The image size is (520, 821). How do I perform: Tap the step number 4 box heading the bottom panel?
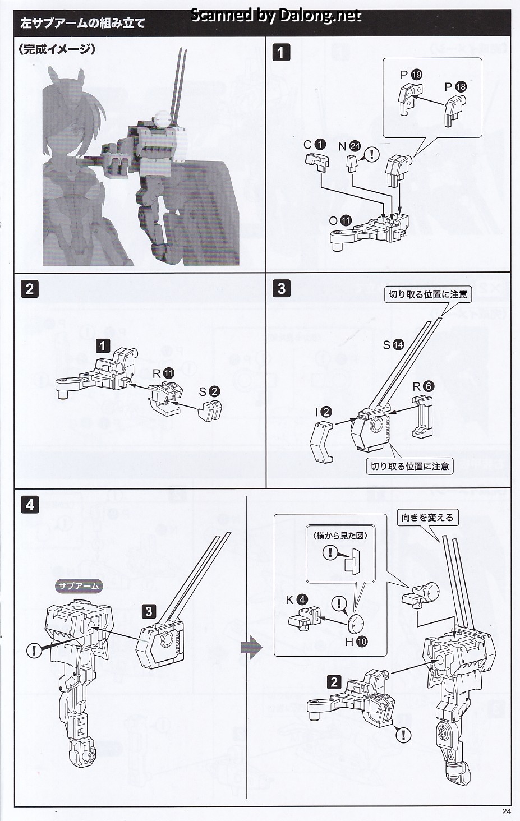(x=29, y=504)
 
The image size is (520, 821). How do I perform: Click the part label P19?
(x=411, y=74)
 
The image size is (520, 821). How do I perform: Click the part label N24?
(x=349, y=146)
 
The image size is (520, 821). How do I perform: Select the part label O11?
(x=340, y=221)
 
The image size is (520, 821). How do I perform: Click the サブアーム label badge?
(x=79, y=587)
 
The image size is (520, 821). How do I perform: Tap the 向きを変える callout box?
(x=427, y=517)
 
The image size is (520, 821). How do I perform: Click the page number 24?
(x=507, y=811)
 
